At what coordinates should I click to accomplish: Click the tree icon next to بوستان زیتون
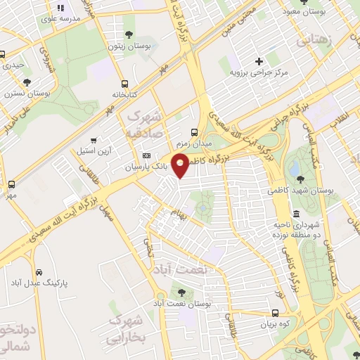[128, 34]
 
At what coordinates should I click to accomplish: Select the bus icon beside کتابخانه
[124, 82]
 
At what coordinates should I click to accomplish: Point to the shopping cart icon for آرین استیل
[94, 140]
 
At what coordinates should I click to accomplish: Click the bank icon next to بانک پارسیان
[146, 155]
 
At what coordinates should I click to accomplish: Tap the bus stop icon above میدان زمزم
[195, 131]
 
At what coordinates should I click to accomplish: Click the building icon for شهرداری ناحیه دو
[296, 214]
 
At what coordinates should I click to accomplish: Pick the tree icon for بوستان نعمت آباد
[182, 292]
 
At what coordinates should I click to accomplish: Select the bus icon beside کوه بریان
[275, 313]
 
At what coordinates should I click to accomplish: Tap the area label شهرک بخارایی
[127, 330]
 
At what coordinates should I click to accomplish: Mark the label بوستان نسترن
[28, 93]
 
